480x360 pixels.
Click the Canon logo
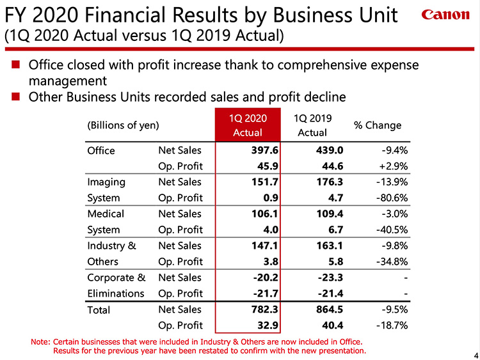(x=445, y=15)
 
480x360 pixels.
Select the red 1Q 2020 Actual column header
(x=248, y=125)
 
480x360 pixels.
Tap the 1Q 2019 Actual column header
(x=312, y=125)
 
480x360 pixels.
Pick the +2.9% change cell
(x=393, y=166)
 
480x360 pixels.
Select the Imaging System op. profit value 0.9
(x=270, y=198)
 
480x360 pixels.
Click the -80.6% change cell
(x=390, y=198)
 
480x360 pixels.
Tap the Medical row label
(x=105, y=214)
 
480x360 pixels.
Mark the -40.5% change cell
(x=390, y=230)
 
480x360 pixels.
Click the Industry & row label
(x=111, y=246)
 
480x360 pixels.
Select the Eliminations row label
(x=115, y=293)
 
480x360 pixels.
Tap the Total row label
(x=99, y=310)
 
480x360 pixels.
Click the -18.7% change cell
(x=390, y=325)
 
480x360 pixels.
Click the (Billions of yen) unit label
(x=122, y=125)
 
